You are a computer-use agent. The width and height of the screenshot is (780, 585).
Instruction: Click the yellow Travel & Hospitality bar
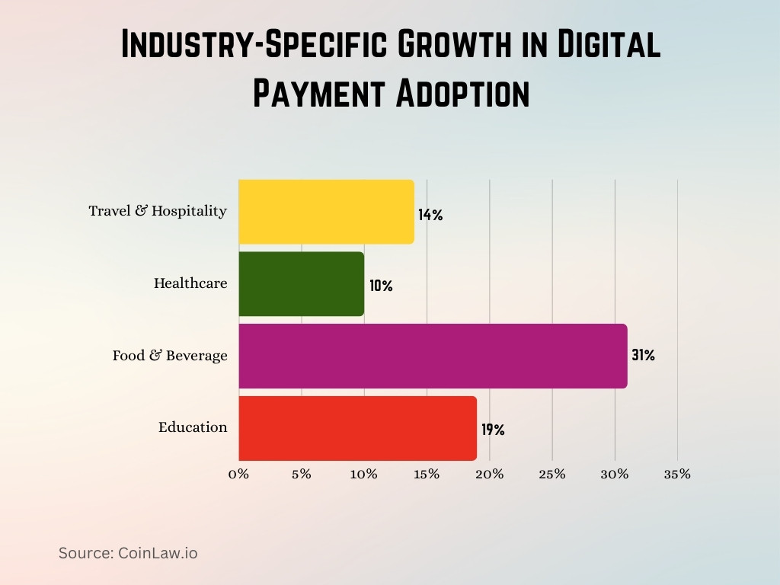[326, 212]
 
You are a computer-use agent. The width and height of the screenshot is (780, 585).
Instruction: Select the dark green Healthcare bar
[301, 283]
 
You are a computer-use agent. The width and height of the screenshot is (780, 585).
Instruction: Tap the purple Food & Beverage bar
[433, 356]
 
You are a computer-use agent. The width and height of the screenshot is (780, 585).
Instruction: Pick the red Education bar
[357, 427]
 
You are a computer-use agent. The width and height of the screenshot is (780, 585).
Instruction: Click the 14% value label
[430, 215]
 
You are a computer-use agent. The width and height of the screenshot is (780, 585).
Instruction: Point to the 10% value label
[381, 286]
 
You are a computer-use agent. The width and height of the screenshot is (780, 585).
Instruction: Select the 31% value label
[643, 355]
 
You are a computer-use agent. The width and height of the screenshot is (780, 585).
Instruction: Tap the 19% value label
[493, 430]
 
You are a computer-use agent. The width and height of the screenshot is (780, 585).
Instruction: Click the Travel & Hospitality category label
[158, 211]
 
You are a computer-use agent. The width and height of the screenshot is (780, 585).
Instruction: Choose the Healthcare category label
[190, 283]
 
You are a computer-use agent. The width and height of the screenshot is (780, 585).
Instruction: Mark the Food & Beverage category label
[170, 356]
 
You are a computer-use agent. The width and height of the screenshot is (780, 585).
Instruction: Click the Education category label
[193, 427]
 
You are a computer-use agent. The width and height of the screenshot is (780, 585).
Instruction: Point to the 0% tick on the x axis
[238, 474]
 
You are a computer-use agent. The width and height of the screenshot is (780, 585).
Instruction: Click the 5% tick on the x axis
[301, 474]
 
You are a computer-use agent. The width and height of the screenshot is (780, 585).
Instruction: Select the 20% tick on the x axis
[489, 474]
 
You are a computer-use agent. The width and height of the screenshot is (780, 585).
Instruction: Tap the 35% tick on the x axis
[677, 474]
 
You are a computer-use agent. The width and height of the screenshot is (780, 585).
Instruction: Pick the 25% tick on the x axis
[552, 474]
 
